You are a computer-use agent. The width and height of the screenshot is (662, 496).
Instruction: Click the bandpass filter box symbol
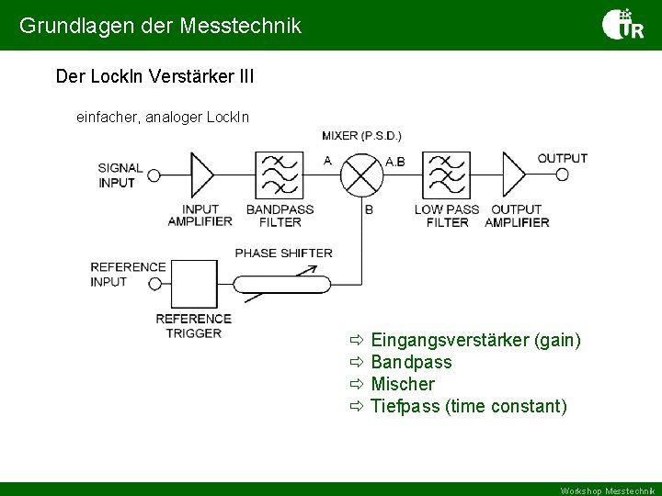point(280,175)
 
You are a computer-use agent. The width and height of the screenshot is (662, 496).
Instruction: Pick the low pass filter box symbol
point(446,175)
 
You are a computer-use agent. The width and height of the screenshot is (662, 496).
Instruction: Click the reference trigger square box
point(194,284)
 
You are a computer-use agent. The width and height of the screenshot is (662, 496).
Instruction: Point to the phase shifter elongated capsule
point(283,284)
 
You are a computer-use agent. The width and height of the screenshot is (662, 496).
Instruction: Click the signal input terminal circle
point(154,175)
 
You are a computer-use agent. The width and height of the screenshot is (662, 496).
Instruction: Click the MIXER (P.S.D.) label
point(361,136)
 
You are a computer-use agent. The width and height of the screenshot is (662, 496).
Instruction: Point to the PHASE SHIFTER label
point(284,253)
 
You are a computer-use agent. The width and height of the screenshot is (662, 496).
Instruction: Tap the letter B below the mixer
point(369,210)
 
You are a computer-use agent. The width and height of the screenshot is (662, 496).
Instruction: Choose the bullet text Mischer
point(402,384)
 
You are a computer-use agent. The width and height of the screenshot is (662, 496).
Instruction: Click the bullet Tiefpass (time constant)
point(468,406)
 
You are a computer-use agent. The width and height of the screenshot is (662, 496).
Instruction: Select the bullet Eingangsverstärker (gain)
point(474,341)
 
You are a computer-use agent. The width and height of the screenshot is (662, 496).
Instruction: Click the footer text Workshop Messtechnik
point(608,490)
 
